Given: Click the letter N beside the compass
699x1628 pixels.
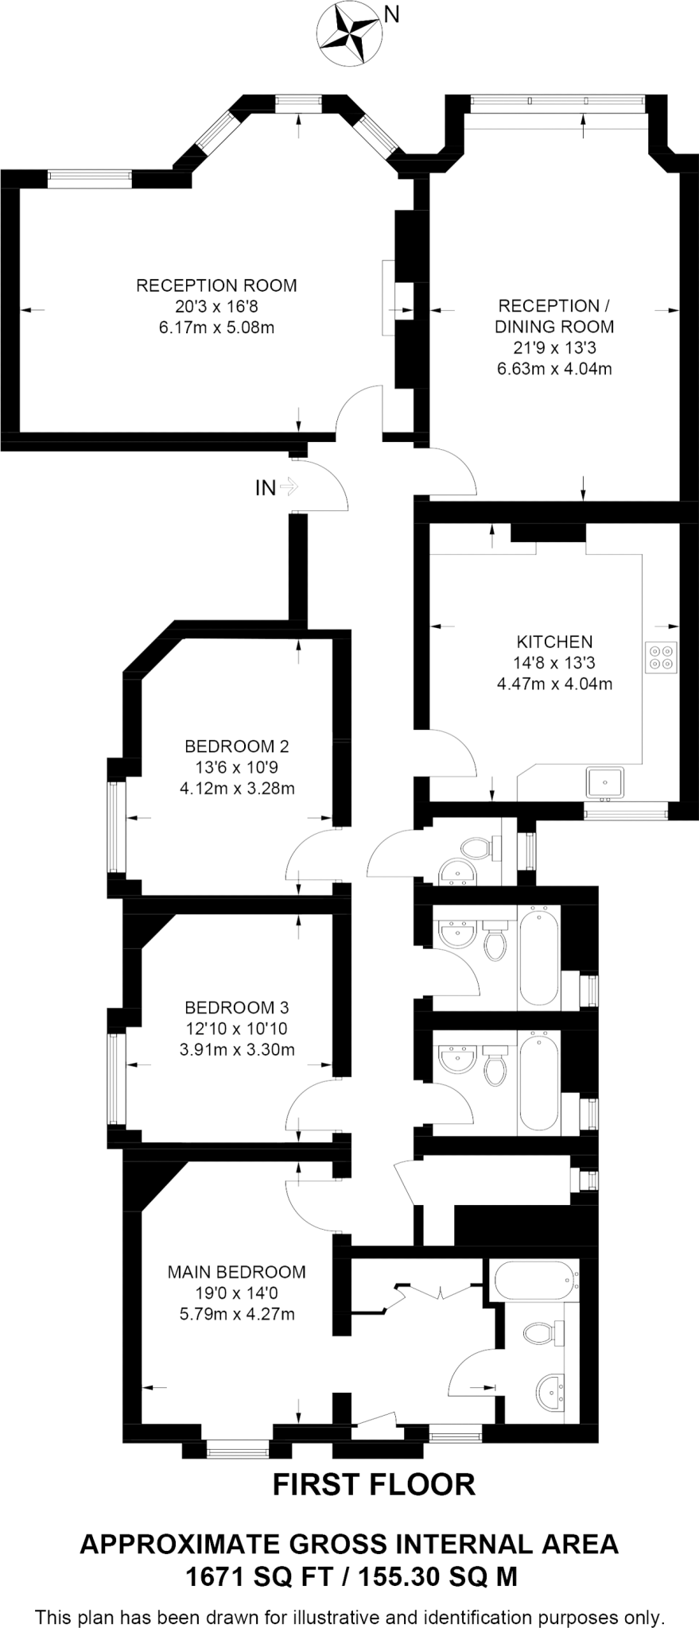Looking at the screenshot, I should (391, 14).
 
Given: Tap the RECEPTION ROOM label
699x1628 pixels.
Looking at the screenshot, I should (216, 285).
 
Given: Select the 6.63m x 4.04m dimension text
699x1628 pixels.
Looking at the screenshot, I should (554, 369).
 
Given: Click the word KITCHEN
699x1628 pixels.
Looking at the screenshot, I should (554, 642).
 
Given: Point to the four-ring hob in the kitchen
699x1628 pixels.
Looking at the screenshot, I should (662, 657).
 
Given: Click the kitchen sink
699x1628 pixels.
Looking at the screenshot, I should (605, 782).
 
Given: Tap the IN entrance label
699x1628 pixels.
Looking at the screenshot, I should (266, 488).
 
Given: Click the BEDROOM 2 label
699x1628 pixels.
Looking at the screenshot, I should (237, 746).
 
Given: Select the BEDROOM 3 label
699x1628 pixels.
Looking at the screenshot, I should (237, 1008).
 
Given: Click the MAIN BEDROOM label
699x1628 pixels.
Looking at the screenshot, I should (237, 1272).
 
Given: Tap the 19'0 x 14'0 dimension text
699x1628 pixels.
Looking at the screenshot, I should (237, 1293).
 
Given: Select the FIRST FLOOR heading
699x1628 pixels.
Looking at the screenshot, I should (374, 1484).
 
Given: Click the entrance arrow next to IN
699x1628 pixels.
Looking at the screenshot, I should (289, 486).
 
